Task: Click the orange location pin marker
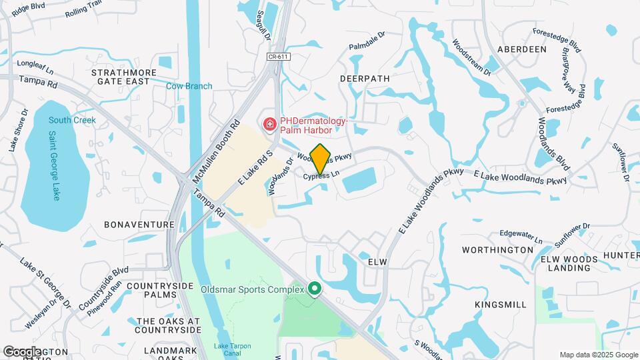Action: pos(321,159)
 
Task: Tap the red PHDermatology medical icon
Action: pos(269,124)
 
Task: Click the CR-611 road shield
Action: pos(279,57)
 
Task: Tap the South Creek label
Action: pos(72,120)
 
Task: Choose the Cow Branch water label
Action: pos(189,86)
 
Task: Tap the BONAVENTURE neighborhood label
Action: pos(139,225)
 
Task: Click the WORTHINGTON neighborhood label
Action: pos(499,250)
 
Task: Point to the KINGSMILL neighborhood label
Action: pos(501,304)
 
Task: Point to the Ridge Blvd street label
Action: pos(29,9)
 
